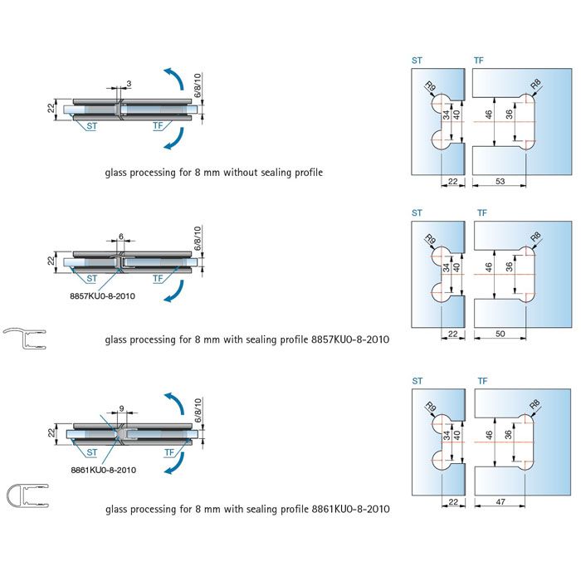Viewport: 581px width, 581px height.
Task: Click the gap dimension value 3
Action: (129, 83)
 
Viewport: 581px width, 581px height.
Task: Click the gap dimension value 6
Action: (121, 236)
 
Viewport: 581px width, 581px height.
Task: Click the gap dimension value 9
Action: (122, 408)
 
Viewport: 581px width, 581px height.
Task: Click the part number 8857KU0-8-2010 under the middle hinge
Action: (103, 293)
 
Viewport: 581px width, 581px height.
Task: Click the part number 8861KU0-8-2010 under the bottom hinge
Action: (104, 469)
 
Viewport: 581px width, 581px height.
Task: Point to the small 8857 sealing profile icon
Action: (26, 339)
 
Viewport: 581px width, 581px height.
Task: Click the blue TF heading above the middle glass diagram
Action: (482, 214)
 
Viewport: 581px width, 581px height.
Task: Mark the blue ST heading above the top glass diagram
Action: (417, 61)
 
